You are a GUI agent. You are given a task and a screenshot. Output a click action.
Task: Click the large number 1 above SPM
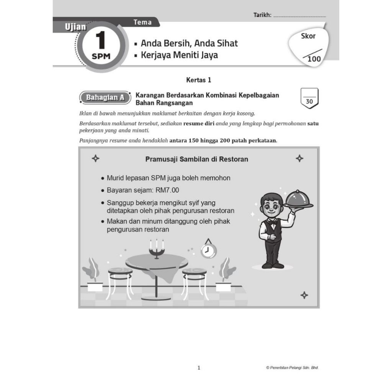[100, 40]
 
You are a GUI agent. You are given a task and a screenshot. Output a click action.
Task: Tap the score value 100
[314, 59]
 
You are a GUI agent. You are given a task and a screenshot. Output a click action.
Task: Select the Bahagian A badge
[103, 98]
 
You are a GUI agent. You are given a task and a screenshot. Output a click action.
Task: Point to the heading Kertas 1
[198, 80]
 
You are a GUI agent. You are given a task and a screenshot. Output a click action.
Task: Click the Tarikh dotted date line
[299, 16]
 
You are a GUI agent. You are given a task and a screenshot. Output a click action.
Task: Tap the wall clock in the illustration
[209, 250]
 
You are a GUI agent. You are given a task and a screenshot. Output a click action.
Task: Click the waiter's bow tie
[272, 222]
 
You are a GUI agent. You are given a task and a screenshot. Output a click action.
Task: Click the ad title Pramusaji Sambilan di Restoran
[196, 159]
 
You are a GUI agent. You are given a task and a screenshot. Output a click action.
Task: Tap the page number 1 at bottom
[198, 368]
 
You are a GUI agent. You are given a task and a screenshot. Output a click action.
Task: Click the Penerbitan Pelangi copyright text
[292, 367]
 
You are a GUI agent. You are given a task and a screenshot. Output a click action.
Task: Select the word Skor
[308, 36]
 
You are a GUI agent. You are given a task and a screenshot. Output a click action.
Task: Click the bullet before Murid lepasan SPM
[102, 178]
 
